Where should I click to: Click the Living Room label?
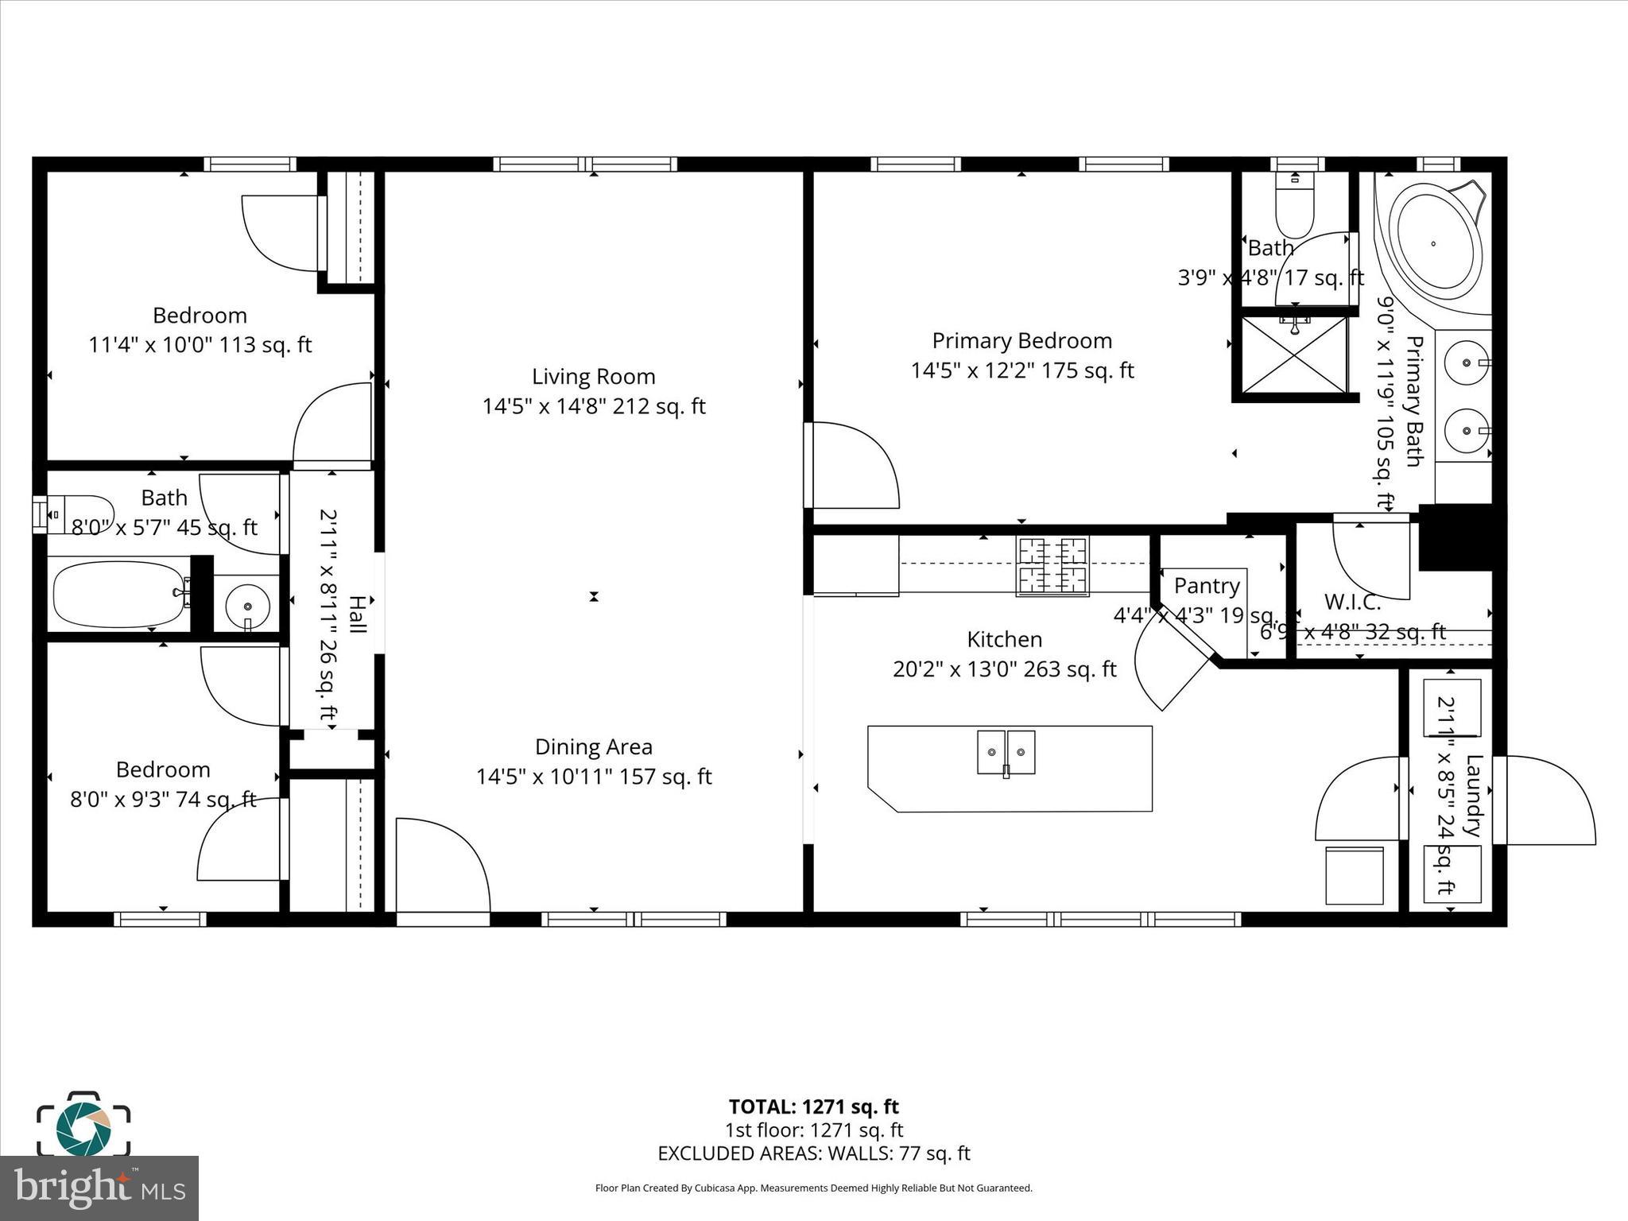click(x=593, y=377)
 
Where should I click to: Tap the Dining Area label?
click(x=593, y=747)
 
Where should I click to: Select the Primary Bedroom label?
click(x=1021, y=341)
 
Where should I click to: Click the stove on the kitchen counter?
click(x=1052, y=566)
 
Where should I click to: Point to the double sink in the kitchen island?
click(x=1006, y=752)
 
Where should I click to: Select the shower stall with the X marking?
click(x=1294, y=355)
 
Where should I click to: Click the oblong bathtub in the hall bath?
click(x=119, y=594)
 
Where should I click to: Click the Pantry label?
click(x=1207, y=586)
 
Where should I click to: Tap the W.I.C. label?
click(x=1352, y=603)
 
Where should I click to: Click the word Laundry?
click(x=1472, y=796)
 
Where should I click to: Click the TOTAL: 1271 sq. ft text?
click(x=813, y=1107)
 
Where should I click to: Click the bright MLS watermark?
click(x=99, y=1188)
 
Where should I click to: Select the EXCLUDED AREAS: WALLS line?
click(x=813, y=1153)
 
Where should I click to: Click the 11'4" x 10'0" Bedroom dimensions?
click(x=200, y=346)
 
